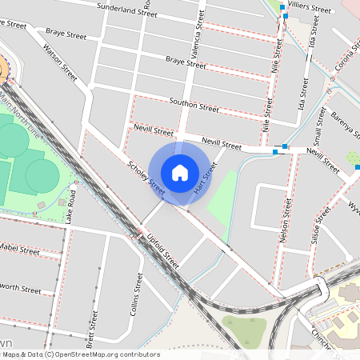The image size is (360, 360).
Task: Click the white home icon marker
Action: tap(180, 173)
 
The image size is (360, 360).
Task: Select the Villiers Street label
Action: tap(310, 9)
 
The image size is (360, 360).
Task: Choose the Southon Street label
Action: tap(194, 105)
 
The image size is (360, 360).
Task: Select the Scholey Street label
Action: tap(146, 178)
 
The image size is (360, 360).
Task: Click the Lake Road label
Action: tap(73, 206)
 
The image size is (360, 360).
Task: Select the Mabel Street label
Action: tap(19, 250)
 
